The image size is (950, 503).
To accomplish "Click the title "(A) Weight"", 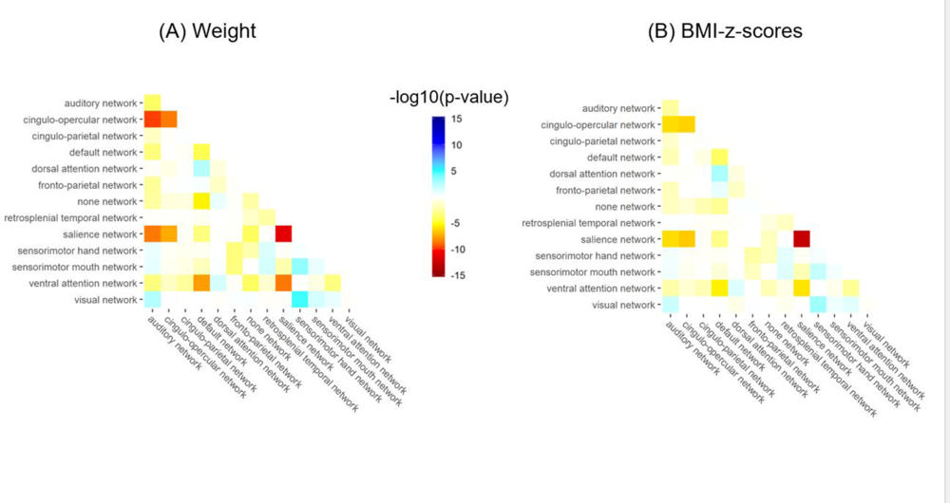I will point(207,31).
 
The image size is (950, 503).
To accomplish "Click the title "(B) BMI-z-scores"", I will point(725,31).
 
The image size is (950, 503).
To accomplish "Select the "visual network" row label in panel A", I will point(107,299).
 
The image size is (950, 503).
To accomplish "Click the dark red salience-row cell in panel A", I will point(283,233).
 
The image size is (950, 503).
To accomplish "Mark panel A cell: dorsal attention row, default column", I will point(201,168).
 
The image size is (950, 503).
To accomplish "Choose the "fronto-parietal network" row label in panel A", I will point(95,184).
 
